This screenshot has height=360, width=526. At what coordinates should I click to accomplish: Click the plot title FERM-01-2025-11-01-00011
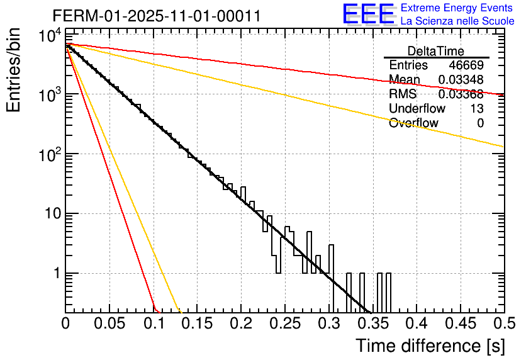coord(156,16)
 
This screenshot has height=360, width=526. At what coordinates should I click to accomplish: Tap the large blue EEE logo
coord(368,14)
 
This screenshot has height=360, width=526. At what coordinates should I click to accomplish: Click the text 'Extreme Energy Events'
coord(457,8)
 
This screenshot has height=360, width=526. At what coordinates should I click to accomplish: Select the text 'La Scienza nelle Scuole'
coord(457,21)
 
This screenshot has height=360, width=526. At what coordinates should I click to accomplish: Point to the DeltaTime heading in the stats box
coord(436,51)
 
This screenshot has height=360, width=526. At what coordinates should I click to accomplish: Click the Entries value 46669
coord(466,65)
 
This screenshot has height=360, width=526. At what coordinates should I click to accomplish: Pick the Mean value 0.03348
coord(461,80)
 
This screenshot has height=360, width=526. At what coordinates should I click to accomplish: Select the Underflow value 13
coord(476,108)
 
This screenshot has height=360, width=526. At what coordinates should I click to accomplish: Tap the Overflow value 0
coord(480,123)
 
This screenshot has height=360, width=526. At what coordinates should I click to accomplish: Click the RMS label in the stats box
coord(403,94)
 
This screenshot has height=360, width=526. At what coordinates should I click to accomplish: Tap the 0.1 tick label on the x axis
coord(154,325)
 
